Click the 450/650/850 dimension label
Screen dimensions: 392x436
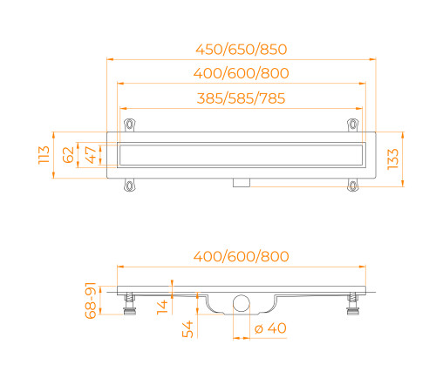coord(241,49)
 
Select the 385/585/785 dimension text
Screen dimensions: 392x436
coord(241,99)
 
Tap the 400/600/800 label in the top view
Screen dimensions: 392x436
coord(241,74)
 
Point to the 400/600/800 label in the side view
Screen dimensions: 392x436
coord(241,256)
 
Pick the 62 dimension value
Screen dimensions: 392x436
coord(67,157)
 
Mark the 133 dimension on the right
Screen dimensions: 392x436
coord(394,159)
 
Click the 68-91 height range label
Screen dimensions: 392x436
coord(90,301)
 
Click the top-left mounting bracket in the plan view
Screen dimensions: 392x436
coord(131,124)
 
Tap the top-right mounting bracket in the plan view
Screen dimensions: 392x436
coord(352,124)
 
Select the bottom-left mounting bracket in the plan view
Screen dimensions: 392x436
coord(131,185)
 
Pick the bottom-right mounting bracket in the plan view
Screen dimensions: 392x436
coord(352,185)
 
